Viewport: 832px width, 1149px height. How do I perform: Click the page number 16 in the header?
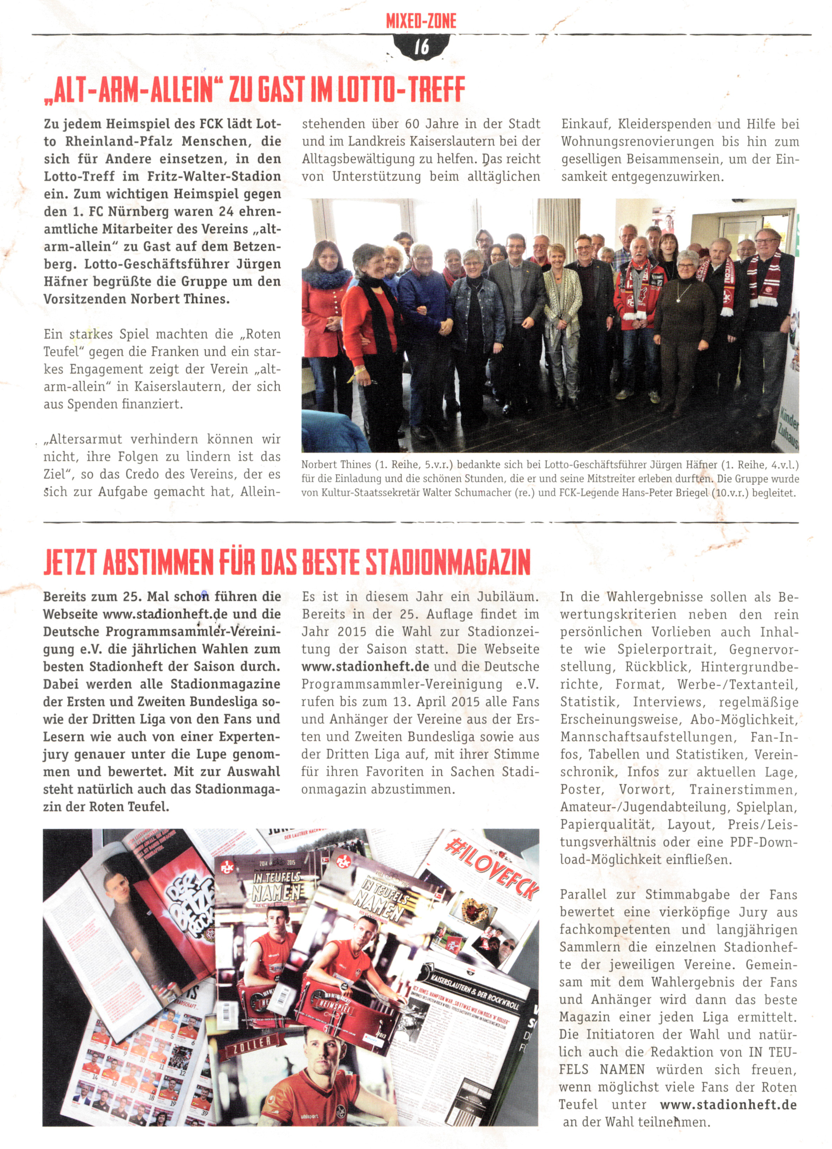421,47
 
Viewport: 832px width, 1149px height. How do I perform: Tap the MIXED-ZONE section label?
421,21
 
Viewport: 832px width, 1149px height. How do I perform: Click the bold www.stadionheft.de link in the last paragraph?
728,1104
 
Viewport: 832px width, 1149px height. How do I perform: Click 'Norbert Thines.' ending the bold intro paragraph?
180,299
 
